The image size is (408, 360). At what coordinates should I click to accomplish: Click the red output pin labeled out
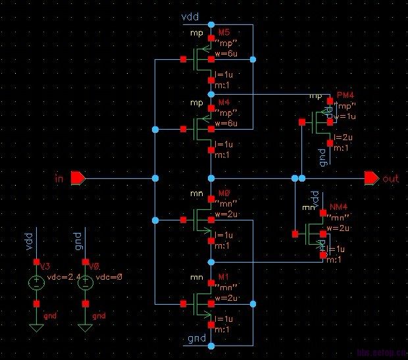[371, 178]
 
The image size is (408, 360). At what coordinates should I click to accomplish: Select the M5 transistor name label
[224, 32]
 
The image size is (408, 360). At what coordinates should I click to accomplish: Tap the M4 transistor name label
[224, 103]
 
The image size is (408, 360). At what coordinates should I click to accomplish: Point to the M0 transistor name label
[224, 194]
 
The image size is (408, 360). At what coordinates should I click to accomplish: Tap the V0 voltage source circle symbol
[84, 285]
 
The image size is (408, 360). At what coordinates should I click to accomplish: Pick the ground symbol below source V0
[84, 328]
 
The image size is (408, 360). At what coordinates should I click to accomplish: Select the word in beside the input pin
[59, 178]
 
